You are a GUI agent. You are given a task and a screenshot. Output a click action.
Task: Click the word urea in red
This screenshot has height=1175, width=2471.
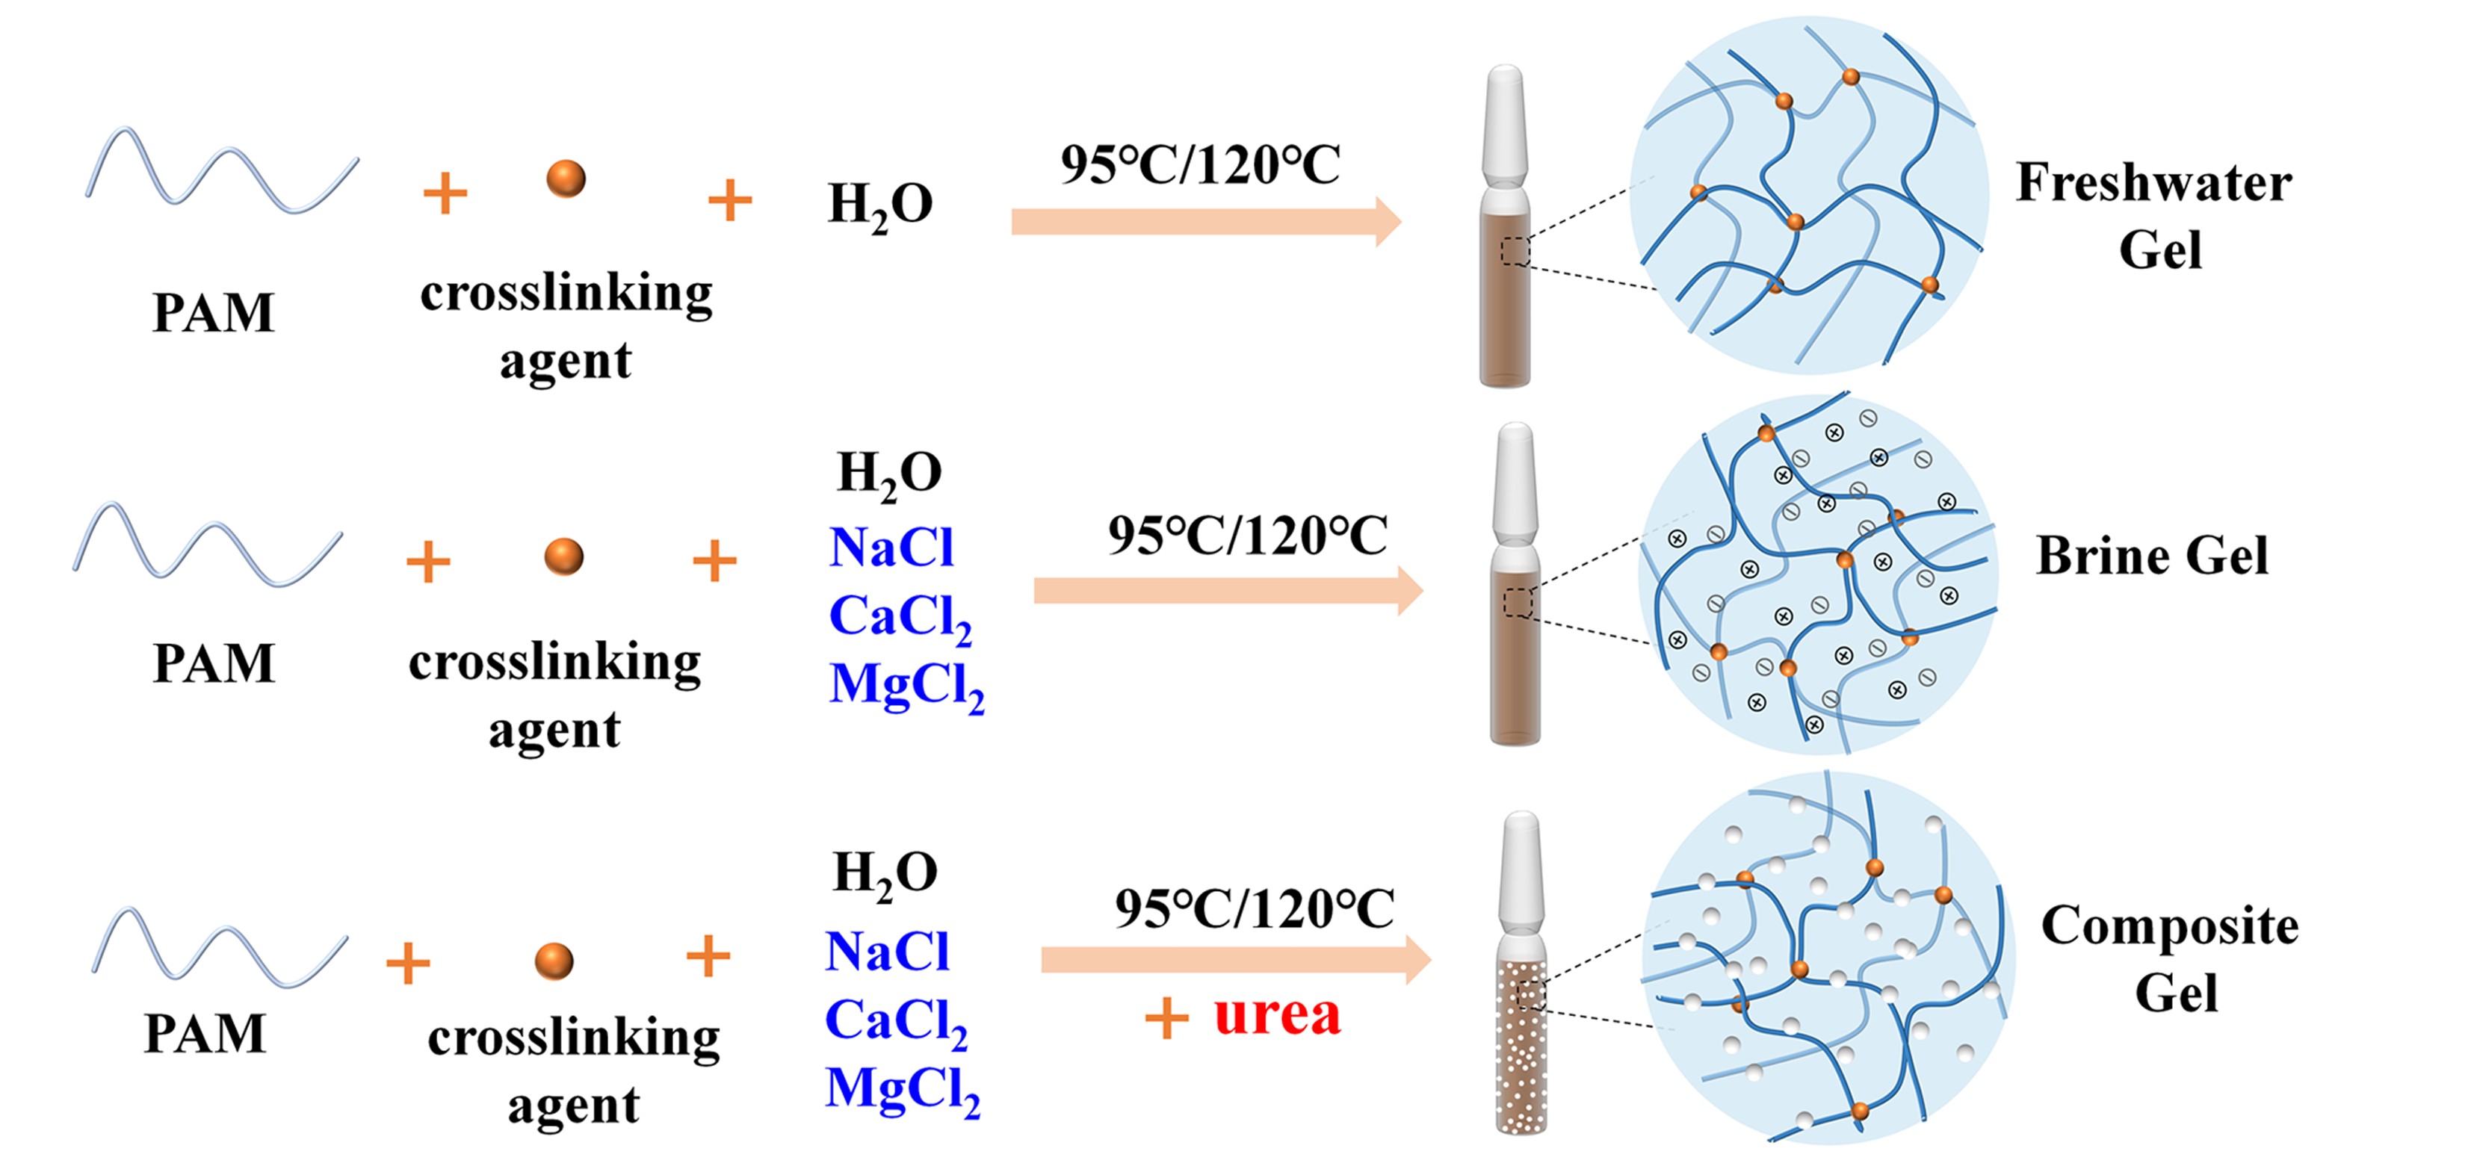pyautogui.click(x=1277, y=1016)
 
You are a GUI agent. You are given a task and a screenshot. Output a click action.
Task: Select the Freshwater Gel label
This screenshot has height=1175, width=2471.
pyautogui.click(x=2154, y=216)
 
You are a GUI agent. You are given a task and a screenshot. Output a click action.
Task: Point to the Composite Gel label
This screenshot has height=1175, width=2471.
pyautogui.click(x=2170, y=958)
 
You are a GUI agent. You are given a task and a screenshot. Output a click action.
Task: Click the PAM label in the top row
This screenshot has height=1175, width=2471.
pyautogui.click(x=213, y=313)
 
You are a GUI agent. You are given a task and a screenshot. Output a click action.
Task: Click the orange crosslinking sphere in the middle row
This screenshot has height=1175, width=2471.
pyautogui.click(x=564, y=557)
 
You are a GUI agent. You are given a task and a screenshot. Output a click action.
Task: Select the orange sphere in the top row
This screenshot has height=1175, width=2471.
pyautogui.click(x=566, y=179)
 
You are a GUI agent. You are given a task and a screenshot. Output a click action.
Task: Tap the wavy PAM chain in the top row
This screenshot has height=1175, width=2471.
pyautogui.click(x=223, y=171)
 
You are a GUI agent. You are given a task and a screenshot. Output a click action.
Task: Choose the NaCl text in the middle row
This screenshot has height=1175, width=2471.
pyautogui.click(x=891, y=548)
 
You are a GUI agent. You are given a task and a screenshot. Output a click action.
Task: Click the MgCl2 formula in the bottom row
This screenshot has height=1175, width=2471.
pyautogui.click(x=902, y=1091)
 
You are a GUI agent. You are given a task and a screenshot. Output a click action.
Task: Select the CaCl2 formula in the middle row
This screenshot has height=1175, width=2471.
pyautogui.click(x=899, y=617)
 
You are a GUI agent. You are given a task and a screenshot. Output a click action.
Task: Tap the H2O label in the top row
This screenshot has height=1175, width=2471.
pyautogui.click(x=879, y=205)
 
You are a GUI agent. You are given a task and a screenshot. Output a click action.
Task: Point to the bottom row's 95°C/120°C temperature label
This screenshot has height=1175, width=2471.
pyautogui.click(x=1254, y=908)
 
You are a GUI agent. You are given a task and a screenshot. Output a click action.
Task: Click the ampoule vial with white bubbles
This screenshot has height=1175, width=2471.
pyautogui.click(x=1521, y=1046)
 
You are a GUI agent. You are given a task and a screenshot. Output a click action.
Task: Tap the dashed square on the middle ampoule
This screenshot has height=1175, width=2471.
pyautogui.click(x=1518, y=602)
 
